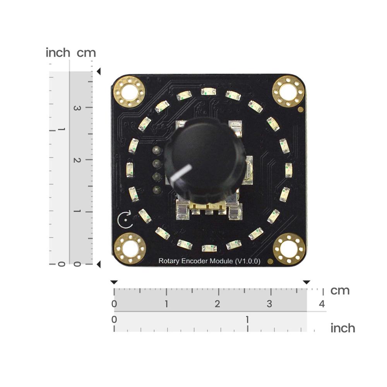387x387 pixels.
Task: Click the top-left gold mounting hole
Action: click(129, 92)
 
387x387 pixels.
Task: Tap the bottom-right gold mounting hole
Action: click(289, 249)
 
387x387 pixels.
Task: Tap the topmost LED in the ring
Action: click(209, 91)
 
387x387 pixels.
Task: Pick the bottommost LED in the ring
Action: click(209, 248)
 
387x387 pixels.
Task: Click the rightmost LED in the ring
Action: click(289, 170)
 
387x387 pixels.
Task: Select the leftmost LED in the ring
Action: click(130, 170)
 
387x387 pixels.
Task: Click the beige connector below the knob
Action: click(209, 209)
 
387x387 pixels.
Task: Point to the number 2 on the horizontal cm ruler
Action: click(217, 304)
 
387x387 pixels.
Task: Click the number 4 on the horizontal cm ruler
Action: click(321, 304)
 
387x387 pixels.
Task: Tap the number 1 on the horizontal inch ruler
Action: click(247, 320)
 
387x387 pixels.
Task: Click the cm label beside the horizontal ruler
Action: click(340, 291)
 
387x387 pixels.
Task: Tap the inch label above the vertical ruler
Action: click(58, 53)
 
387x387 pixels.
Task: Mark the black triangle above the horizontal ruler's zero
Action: click(114, 282)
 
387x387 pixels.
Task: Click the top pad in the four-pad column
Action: click(156, 150)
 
